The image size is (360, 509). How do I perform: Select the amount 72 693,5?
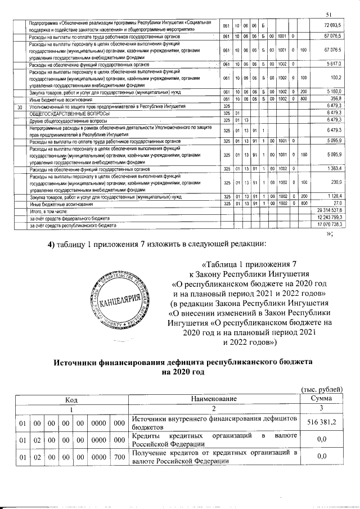click(x=332, y=26)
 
